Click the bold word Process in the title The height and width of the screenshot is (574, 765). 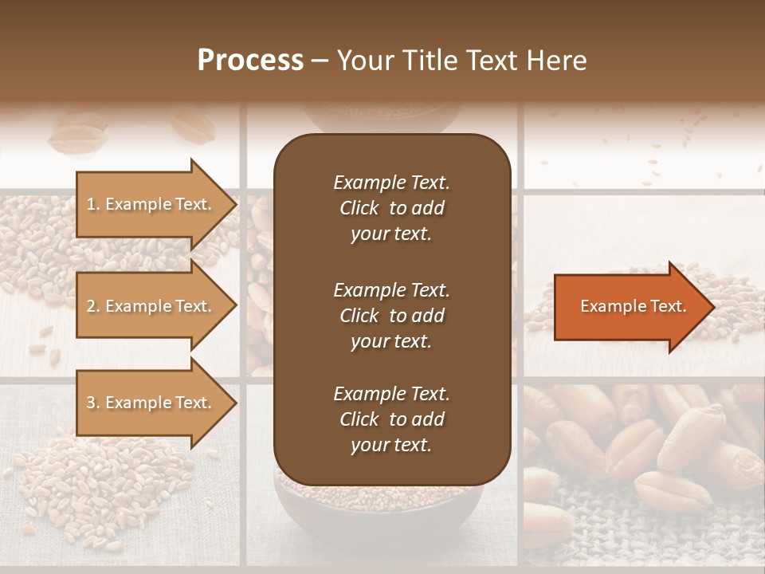pos(250,61)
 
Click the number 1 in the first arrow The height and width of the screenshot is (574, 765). pos(91,204)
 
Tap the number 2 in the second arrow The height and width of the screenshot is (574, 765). pos(91,306)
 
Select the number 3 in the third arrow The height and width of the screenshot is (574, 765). pos(91,403)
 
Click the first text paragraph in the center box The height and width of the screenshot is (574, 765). pos(391,208)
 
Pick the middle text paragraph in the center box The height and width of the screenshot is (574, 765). pos(391,316)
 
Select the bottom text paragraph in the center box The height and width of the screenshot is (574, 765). pos(391,419)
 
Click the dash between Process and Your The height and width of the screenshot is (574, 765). pos(320,61)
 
